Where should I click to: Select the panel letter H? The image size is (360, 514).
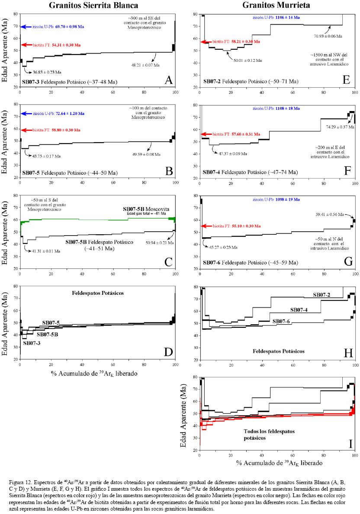click(x=348, y=353)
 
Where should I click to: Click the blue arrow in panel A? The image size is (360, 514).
click(x=26, y=27)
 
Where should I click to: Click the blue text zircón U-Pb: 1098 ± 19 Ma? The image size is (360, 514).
click(x=276, y=200)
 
